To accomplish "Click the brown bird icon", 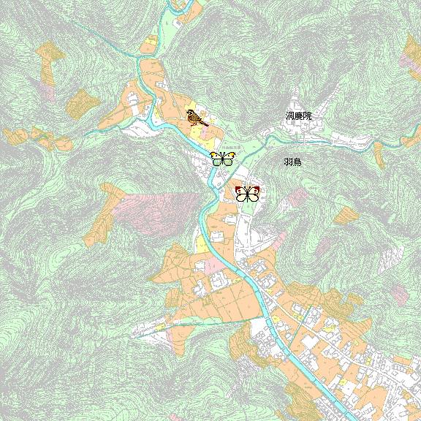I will coord(195,117).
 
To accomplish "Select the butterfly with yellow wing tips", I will coord(222,159).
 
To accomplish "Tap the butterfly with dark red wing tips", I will coord(247,194).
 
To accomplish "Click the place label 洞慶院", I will coord(298,116).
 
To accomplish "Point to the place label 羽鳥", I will coord(293,162).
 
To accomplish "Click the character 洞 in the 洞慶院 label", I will coord(290,116).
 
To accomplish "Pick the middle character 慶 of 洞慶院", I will coord(298,116).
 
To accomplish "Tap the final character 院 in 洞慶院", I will coord(307,116).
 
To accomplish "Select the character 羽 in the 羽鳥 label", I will coord(289,162).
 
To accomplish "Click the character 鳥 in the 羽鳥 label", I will coord(297,162).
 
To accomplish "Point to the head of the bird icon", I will coord(190,113).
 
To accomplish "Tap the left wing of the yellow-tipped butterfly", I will coord(216,158).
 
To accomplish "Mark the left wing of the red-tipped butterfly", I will coord(241,194).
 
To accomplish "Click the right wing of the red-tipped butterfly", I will coord(254,194).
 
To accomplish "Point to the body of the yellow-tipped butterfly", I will coord(222,159).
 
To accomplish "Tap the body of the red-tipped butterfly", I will coord(247,194).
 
